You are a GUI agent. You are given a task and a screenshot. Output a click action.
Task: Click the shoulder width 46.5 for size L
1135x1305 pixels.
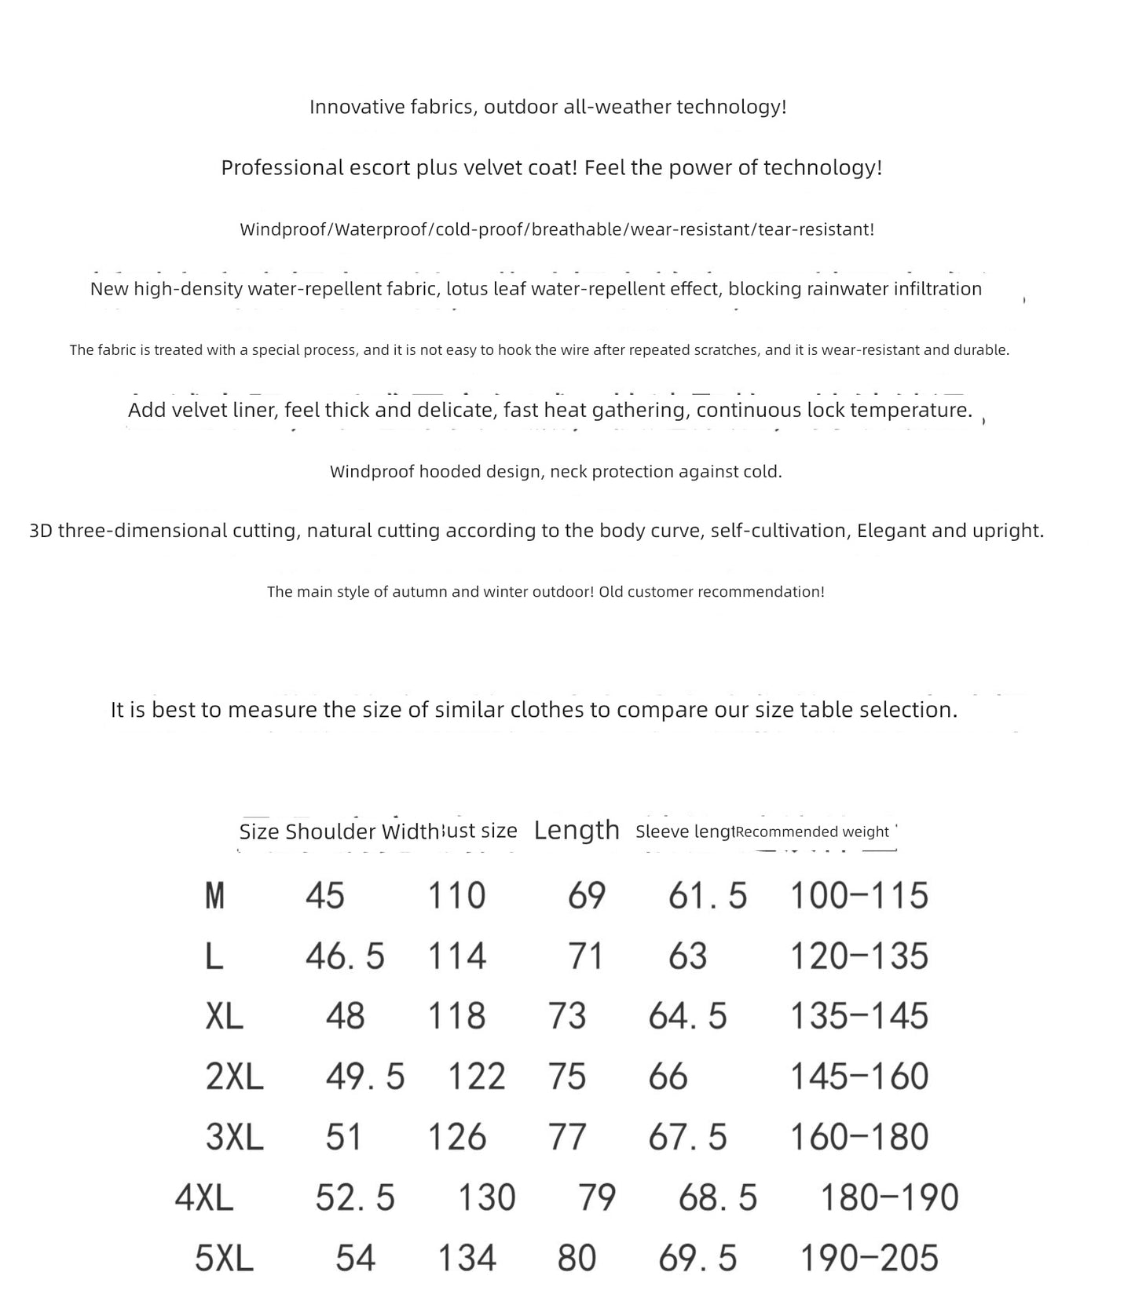pyautogui.click(x=345, y=956)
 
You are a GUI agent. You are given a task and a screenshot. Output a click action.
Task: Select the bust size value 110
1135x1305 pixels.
pyautogui.click(x=456, y=895)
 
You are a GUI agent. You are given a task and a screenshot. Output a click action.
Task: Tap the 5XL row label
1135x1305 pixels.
pyautogui.click(x=224, y=1258)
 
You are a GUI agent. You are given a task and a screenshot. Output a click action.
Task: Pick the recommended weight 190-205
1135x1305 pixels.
pyautogui.click(x=869, y=1258)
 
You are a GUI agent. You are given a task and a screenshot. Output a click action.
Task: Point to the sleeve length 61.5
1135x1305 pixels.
pyautogui.click(x=708, y=895)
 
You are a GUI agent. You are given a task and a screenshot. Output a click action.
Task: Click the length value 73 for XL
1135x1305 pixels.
pyautogui.click(x=567, y=1016)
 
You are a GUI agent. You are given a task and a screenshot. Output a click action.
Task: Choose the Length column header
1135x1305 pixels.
pyautogui.click(x=577, y=830)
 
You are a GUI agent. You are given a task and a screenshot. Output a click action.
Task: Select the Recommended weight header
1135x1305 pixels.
pyautogui.click(x=812, y=832)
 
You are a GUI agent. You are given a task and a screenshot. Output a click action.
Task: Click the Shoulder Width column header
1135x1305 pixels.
pyautogui.click(x=362, y=832)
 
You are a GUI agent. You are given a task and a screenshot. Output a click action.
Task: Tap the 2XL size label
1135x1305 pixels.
pyautogui.click(x=234, y=1077)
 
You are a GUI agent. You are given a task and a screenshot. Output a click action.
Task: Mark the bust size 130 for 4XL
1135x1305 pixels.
pyautogui.click(x=487, y=1197)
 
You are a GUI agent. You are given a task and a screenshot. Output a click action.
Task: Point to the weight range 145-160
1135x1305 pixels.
pyautogui.click(x=859, y=1077)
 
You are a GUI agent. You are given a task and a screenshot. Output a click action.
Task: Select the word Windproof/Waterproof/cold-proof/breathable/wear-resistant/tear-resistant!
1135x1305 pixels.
pyautogui.click(x=557, y=229)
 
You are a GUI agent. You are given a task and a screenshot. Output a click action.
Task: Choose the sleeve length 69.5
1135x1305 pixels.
pyautogui.click(x=697, y=1258)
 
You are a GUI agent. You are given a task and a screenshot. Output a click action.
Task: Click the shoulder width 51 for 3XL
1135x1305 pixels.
pyautogui.click(x=343, y=1137)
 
